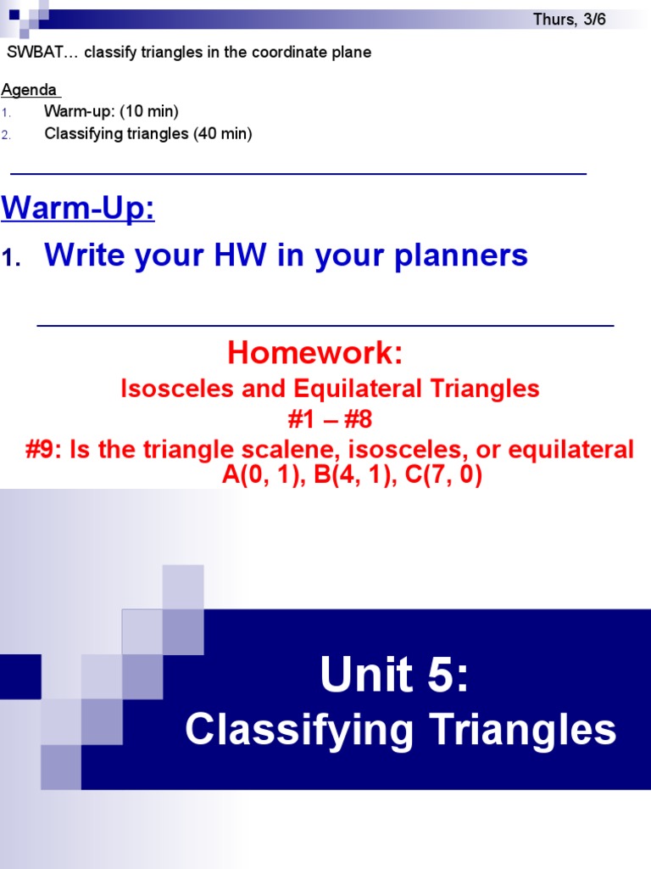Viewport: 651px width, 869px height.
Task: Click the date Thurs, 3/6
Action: (569, 20)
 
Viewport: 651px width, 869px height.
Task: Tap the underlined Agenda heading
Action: (29, 90)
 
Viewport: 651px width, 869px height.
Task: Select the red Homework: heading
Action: (314, 352)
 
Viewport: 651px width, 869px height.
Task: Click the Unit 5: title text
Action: (393, 676)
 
